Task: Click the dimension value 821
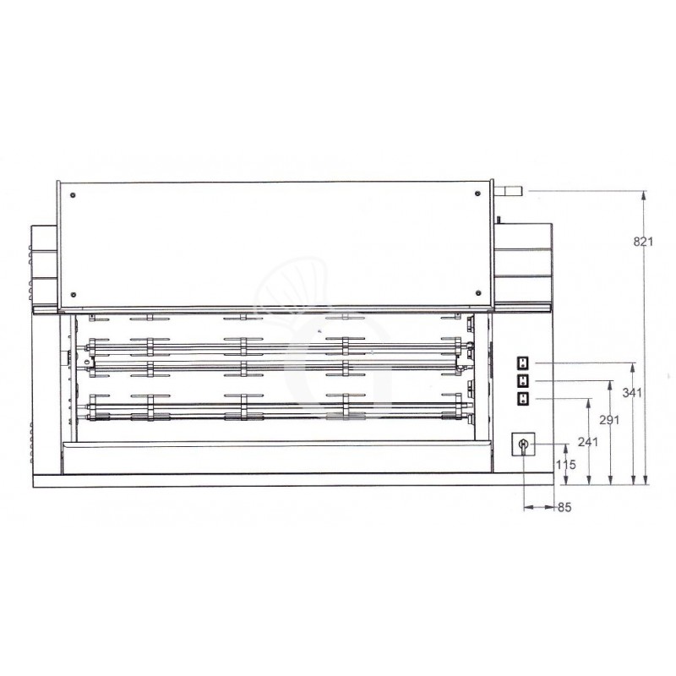(x=643, y=242)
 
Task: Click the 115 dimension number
(x=566, y=464)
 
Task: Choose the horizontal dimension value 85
(x=564, y=508)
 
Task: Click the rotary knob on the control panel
(x=523, y=444)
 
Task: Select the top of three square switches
(x=522, y=363)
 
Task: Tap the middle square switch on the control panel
(x=522, y=380)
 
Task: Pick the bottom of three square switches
(x=522, y=398)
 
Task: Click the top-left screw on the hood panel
(x=75, y=196)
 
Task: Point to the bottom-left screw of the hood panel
(x=75, y=294)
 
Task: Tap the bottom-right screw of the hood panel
(x=473, y=294)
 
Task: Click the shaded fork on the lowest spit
(x=346, y=416)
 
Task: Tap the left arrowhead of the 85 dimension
(x=527, y=507)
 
